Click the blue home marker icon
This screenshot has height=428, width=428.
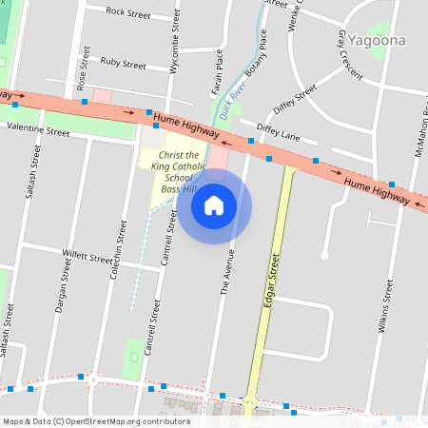214,205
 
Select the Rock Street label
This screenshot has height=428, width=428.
129,12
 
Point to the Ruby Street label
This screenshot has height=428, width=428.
123,64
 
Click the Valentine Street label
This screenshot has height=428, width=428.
38,131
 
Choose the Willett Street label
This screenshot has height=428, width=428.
87,255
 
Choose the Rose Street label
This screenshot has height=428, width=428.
84,67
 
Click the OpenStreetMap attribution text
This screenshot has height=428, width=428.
96,421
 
